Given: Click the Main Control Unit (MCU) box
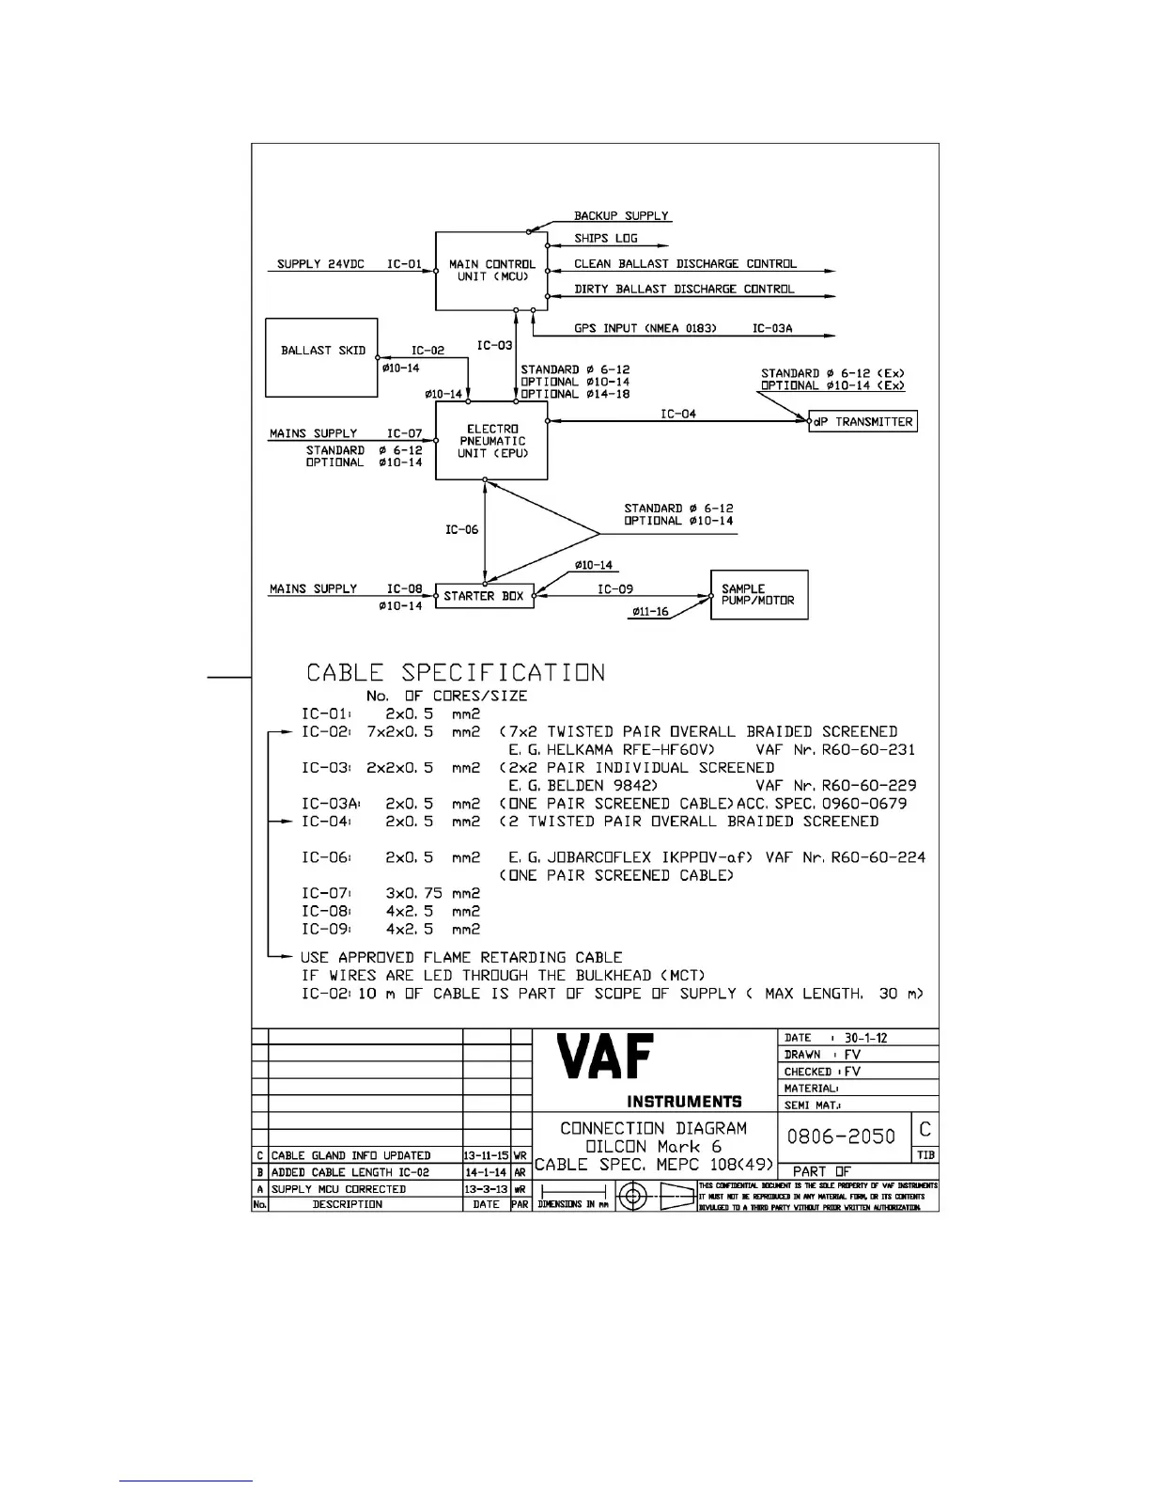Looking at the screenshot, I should [x=491, y=271].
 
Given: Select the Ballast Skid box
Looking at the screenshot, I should [x=322, y=357].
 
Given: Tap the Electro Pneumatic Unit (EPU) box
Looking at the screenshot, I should [x=491, y=441].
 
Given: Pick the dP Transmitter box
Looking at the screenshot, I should [x=862, y=422].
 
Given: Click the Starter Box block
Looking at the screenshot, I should [x=484, y=596].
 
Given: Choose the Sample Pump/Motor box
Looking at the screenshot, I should [x=758, y=595].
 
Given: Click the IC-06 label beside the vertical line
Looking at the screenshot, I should [x=461, y=529].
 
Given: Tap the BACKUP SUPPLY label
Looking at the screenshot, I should [x=621, y=215].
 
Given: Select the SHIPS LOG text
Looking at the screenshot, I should [x=606, y=239].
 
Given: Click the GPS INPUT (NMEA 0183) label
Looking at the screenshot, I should [x=645, y=328].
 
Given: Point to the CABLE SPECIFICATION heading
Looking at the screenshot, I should [x=456, y=673].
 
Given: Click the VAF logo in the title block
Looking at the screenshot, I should [x=605, y=1058].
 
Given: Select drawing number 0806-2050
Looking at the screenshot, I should [x=841, y=1136].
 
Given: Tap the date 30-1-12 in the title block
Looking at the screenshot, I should [x=865, y=1038].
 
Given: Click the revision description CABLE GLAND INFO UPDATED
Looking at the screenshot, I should [x=350, y=1155].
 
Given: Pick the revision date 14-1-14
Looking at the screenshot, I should [x=486, y=1172].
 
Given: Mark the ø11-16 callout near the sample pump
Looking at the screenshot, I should [x=650, y=612].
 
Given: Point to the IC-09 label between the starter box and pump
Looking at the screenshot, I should [x=615, y=589].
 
